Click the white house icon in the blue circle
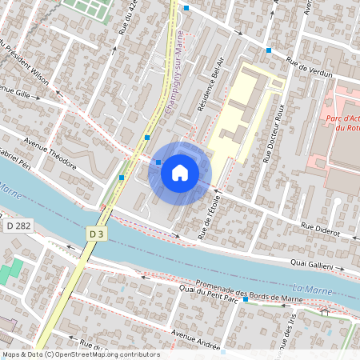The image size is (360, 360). [180, 173]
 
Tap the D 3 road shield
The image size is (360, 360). [97, 234]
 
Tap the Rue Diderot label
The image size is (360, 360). [320, 230]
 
